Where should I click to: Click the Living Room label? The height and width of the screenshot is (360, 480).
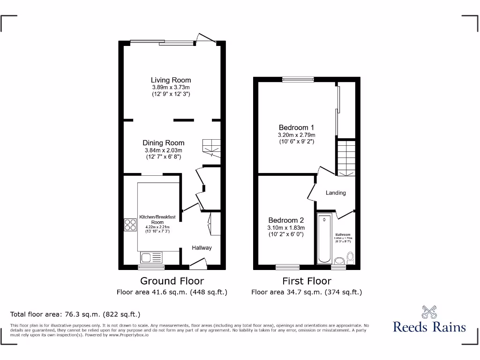pyautogui.click(x=171, y=80)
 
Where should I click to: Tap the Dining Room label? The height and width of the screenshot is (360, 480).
pyautogui.click(x=164, y=143)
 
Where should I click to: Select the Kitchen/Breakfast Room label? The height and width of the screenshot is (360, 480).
pyautogui.click(x=157, y=219)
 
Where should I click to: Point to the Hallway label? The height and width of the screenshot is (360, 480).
pyautogui.click(x=202, y=248)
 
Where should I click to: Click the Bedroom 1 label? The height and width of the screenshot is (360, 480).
pyautogui.click(x=296, y=127)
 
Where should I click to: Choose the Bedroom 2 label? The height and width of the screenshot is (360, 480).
pyautogui.click(x=286, y=220)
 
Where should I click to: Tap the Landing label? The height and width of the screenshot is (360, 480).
pyautogui.click(x=336, y=193)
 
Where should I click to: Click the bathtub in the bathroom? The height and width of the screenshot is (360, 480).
pyautogui.click(x=324, y=239)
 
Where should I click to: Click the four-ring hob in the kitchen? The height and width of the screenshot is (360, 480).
pyautogui.click(x=130, y=225)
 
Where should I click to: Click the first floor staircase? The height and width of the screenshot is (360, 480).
pyautogui.click(x=346, y=157)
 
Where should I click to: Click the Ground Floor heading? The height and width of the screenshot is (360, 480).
pyautogui.click(x=172, y=281)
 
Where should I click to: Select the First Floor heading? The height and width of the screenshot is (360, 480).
pyautogui.click(x=307, y=281)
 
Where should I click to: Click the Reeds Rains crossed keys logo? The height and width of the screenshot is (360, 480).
pyautogui.click(x=429, y=312)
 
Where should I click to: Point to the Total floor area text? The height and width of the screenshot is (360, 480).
pyautogui.click(x=75, y=315)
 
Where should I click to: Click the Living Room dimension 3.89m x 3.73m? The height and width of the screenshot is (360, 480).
pyautogui.click(x=171, y=88)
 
